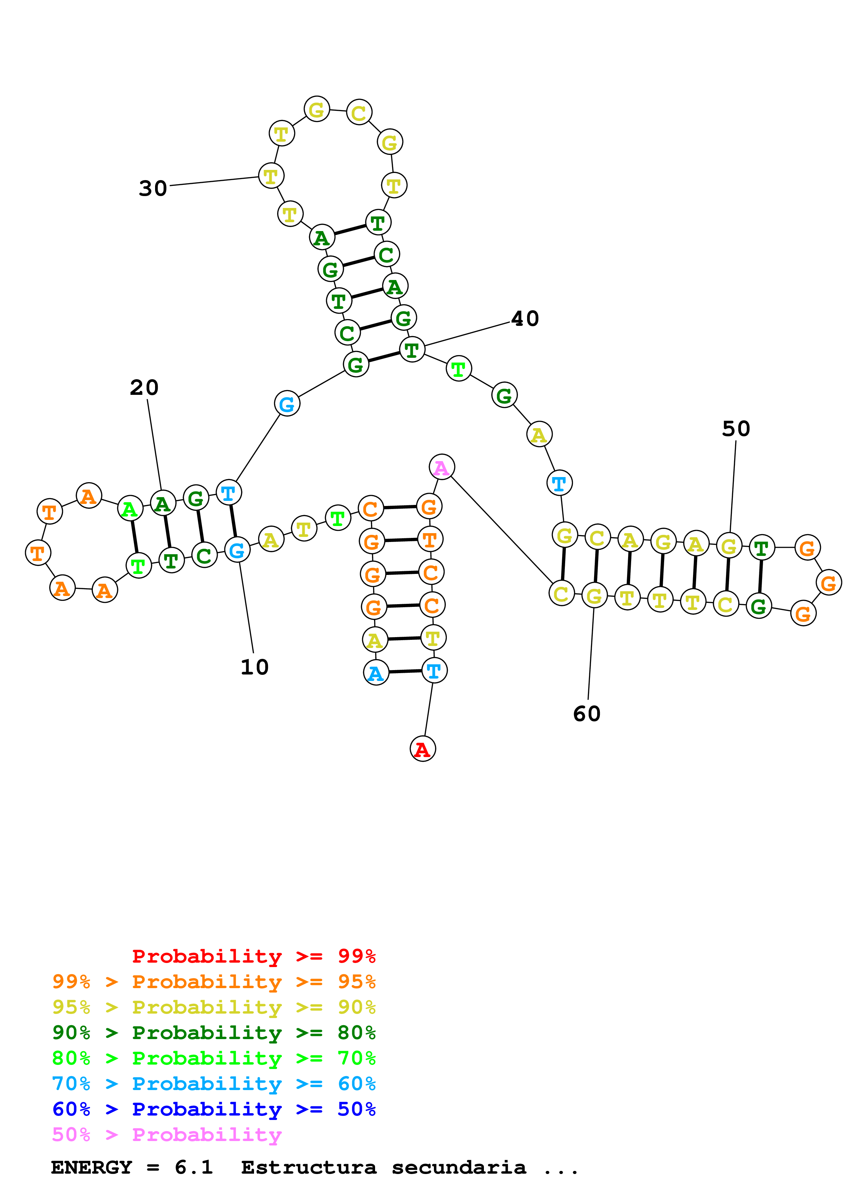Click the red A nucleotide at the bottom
pos(422,749)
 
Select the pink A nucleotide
pos(441,467)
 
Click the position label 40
pos(525,318)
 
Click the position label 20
pos(144,387)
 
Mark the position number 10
pos(254,667)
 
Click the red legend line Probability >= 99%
pos(253,956)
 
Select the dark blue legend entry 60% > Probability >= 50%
pos(214,1109)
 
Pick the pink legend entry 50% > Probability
pos(167,1134)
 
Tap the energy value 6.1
pos(194,1168)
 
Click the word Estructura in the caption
pos(308,1168)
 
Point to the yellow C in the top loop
pos(359,113)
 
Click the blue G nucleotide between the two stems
pos(287,404)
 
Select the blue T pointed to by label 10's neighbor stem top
pos(229,492)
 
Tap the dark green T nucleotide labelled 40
pos(412,349)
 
